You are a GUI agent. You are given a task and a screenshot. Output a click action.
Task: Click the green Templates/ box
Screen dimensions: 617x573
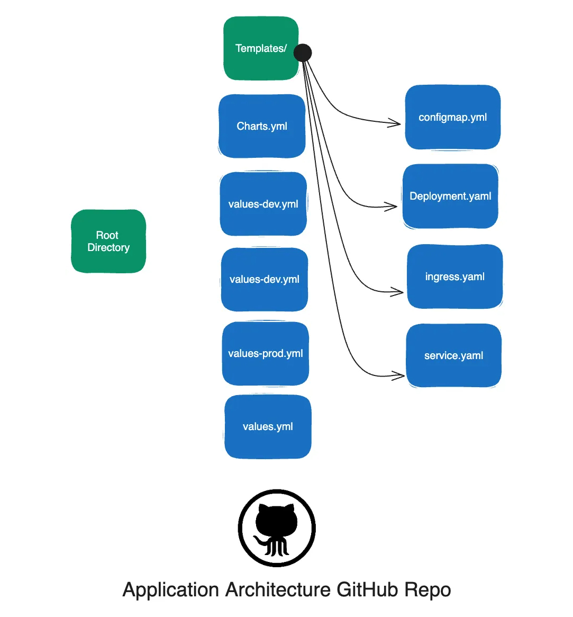click(x=261, y=48)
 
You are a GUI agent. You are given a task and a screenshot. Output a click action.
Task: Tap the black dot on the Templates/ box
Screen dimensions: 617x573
click(x=303, y=53)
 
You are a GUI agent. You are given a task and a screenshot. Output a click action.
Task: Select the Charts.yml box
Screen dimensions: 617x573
click(x=262, y=126)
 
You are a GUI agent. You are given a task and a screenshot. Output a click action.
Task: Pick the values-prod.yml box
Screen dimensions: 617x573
click(x=265, y=353)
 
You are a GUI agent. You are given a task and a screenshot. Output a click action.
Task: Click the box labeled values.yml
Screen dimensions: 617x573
click(x=268, y=426)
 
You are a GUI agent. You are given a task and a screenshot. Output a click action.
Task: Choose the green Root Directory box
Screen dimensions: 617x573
click(x=108, y=242)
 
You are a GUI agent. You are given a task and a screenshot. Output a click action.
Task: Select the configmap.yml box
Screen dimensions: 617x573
click(x=453, y=117)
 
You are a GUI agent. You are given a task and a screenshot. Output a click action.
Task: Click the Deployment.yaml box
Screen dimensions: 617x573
click(x=450, y=196)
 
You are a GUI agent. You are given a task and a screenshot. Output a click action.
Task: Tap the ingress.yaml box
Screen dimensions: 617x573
click(x=454, y=276)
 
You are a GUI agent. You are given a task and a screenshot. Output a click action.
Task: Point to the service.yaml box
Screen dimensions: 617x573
click(x=453, y=355)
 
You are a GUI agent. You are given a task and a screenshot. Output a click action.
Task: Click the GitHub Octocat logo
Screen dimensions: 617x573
click(x=277, y=528)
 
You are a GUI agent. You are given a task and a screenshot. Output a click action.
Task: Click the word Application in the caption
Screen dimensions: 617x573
click(x=170, y=590)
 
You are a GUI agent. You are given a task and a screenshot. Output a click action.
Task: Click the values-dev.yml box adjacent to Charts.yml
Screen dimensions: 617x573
click(x=263, y=204)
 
